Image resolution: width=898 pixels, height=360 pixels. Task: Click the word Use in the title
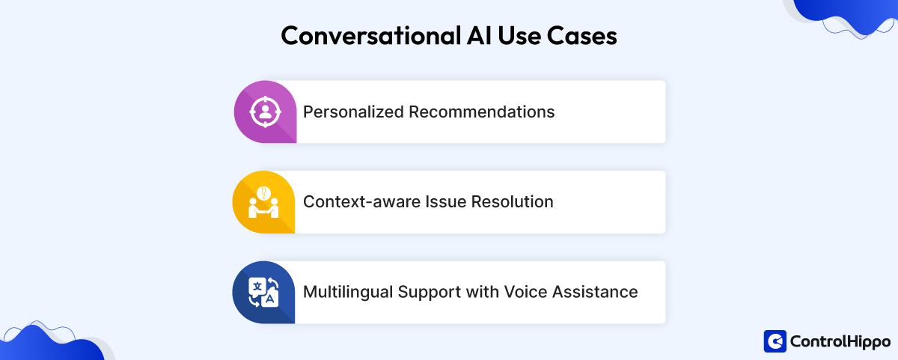click(510, 36)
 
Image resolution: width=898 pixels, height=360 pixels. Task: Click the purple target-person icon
click(264, 112)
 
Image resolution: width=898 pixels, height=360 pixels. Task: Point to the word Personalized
click(353, 112)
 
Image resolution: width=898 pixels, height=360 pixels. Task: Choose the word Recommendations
click(482, 112)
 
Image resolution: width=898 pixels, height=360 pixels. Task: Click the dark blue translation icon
click(263, 292)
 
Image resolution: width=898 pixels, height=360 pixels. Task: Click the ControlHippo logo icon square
click(775, 341)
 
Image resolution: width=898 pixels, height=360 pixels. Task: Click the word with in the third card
click(482, 292)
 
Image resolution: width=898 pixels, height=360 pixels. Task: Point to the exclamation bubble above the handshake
click(263, 192)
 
